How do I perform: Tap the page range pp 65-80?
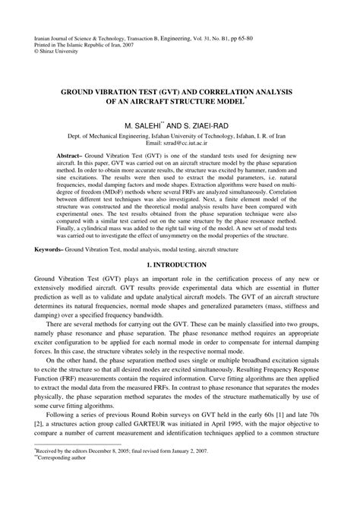pyautogui.click(x=276, y=36)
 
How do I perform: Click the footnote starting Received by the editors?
pyautogui.click(x=115, y=472)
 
